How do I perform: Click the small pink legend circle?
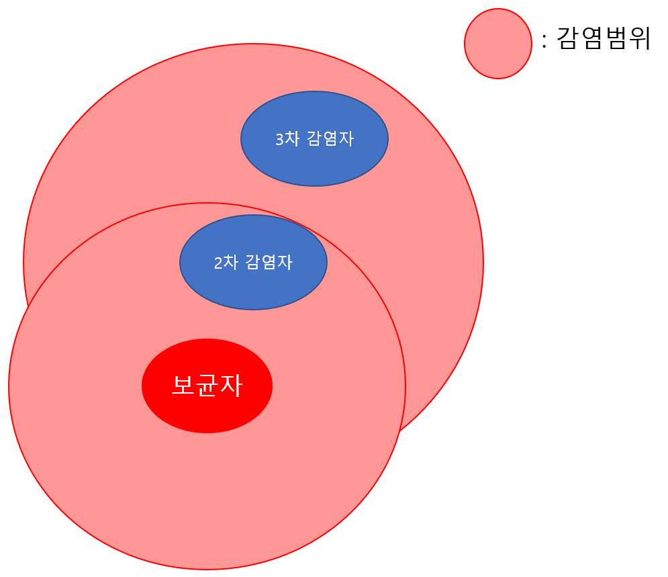click(x=498, y=44)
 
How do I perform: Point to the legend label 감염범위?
click(x=604, y=38)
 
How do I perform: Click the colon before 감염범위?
click(x=544, y=40)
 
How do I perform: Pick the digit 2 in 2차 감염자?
click(x=218, y=263)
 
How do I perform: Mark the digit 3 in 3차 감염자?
click(x=279, y=139)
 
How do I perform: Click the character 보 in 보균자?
click(x=183, y=386)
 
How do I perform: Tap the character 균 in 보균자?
click(x=207, y=386)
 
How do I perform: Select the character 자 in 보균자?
click(x=231, y=386)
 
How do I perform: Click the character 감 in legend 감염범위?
click(x=568, y=38)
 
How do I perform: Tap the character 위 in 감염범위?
click(x=639, y=38)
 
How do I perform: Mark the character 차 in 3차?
click(x=291, y=138)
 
